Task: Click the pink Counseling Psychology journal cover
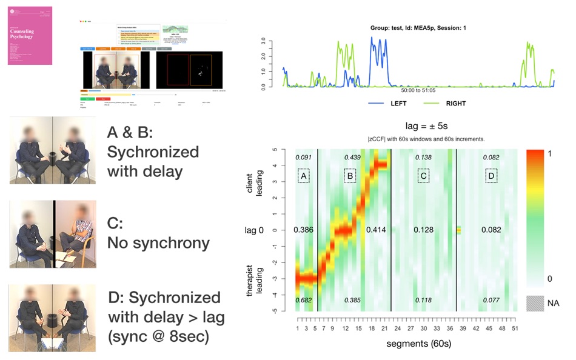point(30,36)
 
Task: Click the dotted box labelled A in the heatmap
point(304,176)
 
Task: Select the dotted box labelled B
point(349,176)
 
